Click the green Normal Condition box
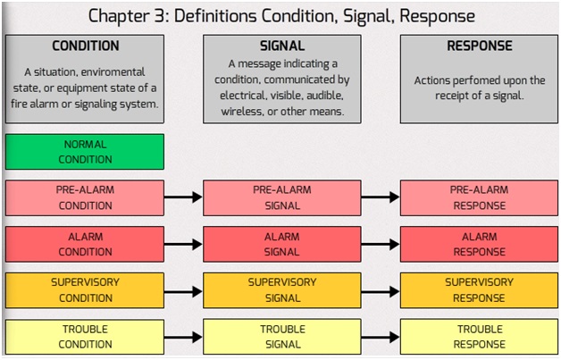(85, 152)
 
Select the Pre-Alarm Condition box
(85, 198)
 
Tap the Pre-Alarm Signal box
(282, 198)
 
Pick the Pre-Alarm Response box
(479, 198)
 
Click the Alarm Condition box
(85, 244)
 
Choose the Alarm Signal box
(282, 244)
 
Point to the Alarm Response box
(479, 244)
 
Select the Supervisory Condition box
(85, 290)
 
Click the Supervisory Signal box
(282, 290)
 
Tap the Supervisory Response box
(479, 290)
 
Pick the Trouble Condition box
(85, 337)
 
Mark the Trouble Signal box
(282, 337)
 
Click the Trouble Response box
(479, 337)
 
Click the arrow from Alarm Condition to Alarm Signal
(183, 245)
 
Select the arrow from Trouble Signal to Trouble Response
(381, 337)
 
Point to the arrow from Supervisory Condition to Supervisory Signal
(183, 291)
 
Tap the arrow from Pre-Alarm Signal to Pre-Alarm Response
(381, 197)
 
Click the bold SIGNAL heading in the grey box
(282, 46)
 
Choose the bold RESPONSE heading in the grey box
(480, 46)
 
